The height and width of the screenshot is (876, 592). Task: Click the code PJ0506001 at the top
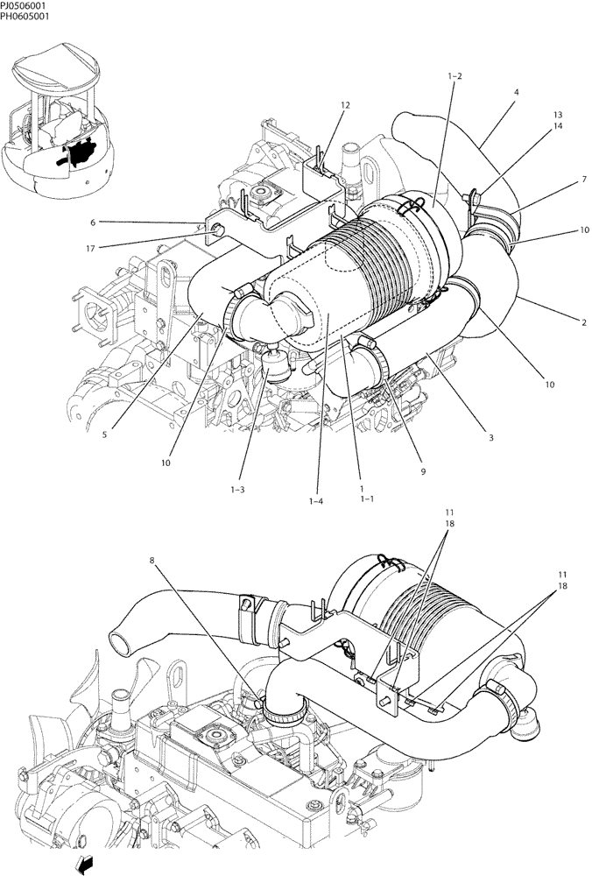pyautogui.click(x=24, y=4)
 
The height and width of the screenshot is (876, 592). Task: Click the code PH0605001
pyautogui.click(x=24, y=15)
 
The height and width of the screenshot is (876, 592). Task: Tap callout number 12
pyautogui.click(x=345, y=105)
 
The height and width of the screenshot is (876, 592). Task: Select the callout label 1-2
pyautogui.click(x=455, y=76)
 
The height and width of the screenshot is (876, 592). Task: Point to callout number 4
pyautogui.click(x=517, y=92)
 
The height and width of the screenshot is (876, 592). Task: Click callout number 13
pyautogui.click(x=557, y=116)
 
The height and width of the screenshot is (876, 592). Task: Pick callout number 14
pyautogui.click(x=557, y=126)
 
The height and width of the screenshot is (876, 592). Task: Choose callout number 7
pyautogui.click(x=559, y=180)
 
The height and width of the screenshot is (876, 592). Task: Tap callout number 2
pyautogui.click(x=559, y=322)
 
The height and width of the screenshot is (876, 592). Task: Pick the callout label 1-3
pyautogui.click(x=236, y=489)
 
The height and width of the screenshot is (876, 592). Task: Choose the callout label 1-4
pyautogui.click(x=316, y=500)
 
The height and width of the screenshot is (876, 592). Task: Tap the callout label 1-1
pyautogui.click(x=365, y=498)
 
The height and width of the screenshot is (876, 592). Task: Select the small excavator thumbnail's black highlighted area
pyautogui.click(x=82, y=153)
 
